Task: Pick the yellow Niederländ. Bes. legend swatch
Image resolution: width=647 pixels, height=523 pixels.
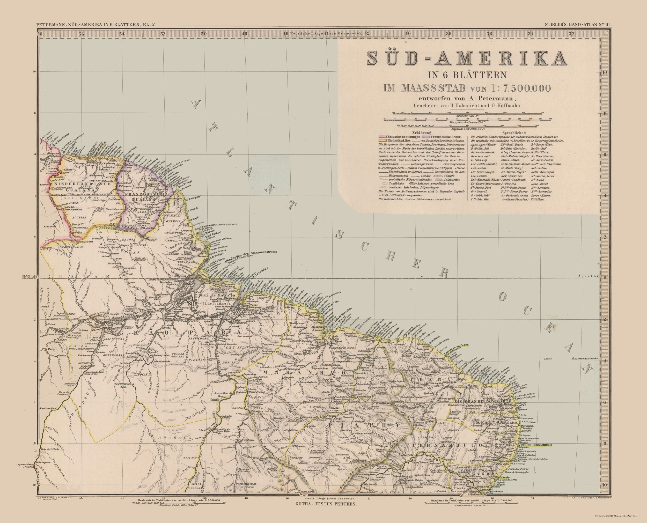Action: pos(382,141)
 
